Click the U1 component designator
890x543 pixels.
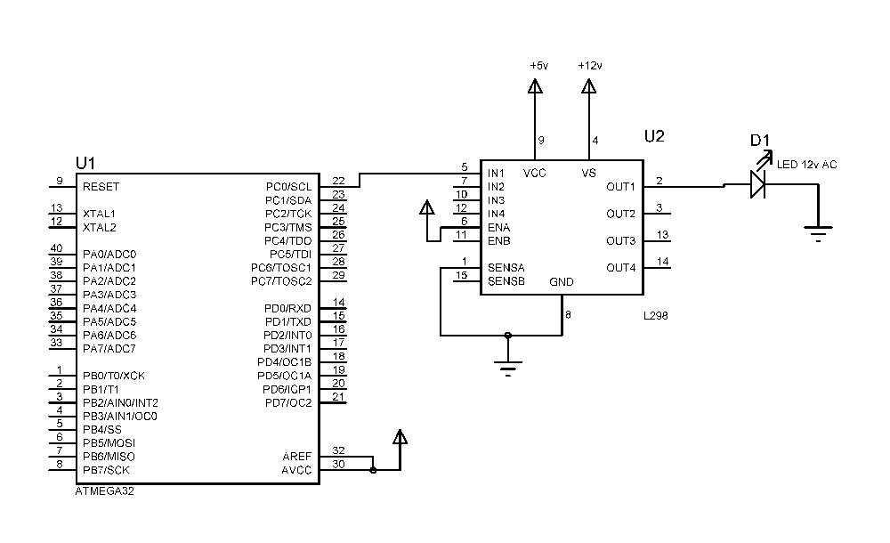tap(85, 164)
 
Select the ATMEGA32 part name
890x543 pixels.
tap(104, 491)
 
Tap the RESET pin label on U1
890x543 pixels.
tap(101, 187)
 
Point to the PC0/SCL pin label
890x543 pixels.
tap(289, 187)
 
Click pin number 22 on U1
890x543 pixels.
tap(338, 181)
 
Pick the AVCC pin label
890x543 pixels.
tap(296, 470)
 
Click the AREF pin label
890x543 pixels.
tap(297, 457)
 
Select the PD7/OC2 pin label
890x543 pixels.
tap(288, 403)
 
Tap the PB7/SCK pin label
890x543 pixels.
tap(106, 470)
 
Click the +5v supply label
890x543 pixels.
tap(539, 66)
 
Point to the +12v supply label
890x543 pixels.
tap(590, 66)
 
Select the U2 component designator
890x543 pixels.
tap(654, 136)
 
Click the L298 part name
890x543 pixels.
tap(656, 316)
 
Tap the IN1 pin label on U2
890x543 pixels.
tap(496, 174)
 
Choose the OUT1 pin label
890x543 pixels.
tap(620, 187)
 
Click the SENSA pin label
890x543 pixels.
tap(506, 268)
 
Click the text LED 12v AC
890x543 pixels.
tap(806, 165)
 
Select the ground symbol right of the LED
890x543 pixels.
tap(819, 233)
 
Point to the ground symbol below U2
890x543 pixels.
tap(508, 368)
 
